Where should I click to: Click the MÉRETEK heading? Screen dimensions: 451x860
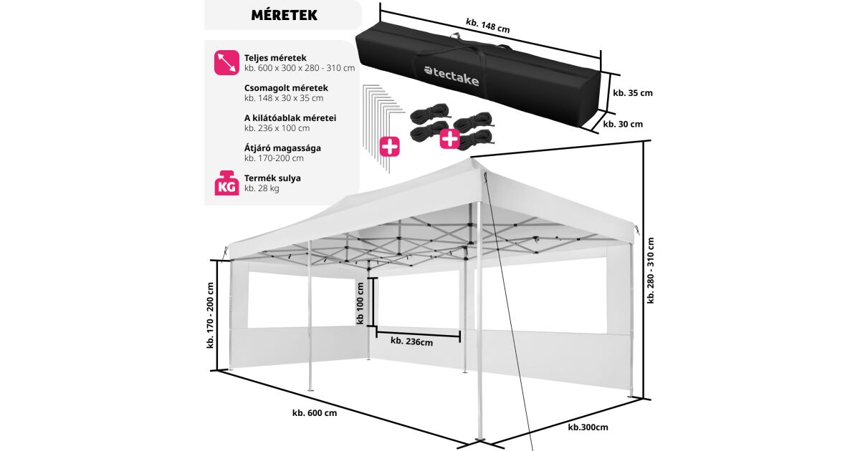285,14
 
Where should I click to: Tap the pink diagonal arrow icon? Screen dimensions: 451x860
226,62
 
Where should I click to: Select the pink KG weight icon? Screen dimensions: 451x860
226,183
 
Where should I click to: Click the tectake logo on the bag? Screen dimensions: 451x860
451,76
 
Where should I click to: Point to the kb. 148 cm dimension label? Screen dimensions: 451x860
487,26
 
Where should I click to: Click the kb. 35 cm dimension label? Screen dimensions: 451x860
633,92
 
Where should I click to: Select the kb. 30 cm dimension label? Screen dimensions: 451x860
623,124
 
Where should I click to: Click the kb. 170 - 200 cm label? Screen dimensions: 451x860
211,315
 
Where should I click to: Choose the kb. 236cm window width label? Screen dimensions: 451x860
411,341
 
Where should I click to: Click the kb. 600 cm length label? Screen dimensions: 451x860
314,412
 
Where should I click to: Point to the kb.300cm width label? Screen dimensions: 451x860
588,427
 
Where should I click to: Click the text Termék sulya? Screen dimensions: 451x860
272,178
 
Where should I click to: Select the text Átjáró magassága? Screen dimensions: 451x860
282,147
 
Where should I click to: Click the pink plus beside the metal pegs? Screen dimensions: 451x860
390,147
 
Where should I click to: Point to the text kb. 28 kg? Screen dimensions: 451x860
262,188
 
